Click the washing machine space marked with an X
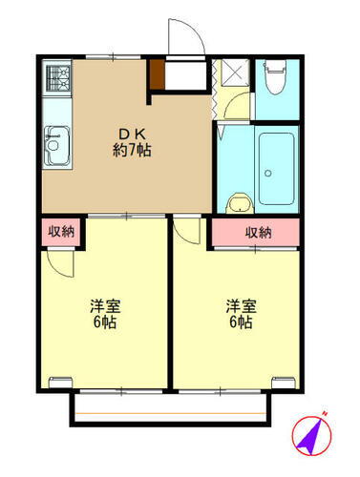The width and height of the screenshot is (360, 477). [233, 74]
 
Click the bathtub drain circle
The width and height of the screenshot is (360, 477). [269, 175]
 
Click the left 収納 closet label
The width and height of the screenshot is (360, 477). [60, 232]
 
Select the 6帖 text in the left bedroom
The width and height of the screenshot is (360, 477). [104, 322]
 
